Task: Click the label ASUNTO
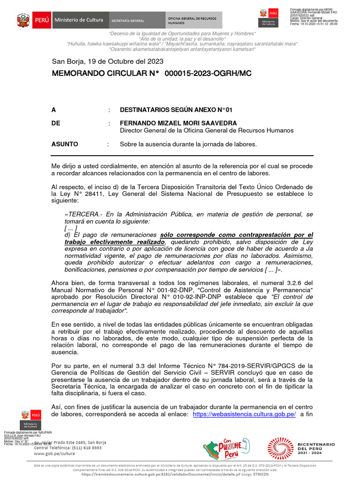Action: click(x=65, y=144)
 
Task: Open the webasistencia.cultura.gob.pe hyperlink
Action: click(x=244, y=414)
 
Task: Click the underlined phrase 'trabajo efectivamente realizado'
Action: click(x=114, y=241)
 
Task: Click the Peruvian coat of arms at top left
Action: click(x=23, y=20)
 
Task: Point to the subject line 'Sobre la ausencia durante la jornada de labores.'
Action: click(x=188, y=144)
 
